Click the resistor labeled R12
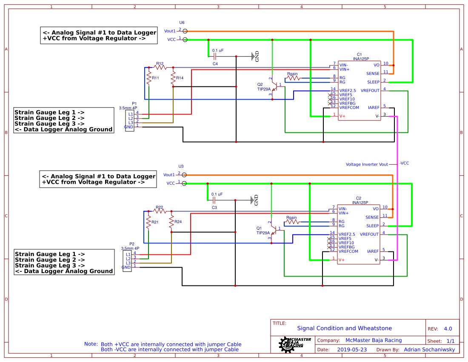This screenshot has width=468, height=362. (x=160, y=67)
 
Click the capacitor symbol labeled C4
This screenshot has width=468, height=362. (x=215, y=56)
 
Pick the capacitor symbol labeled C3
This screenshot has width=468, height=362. (x=214, y=200)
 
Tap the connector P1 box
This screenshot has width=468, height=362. (x=130, y=120)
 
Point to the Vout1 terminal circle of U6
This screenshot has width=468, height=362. (x=185, y=31)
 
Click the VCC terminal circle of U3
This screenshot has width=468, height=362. (x=185, y=183)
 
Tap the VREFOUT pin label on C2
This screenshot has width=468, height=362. (x=369, y=234)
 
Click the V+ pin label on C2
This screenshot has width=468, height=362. (x=341, y=259)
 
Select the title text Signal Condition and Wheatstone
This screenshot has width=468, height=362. (x=344, y=328)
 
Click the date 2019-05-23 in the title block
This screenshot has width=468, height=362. (x=351, y=350)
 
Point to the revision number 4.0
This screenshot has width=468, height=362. (x=448, y=329)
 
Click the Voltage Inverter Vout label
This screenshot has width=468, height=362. (x=367, y=164)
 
